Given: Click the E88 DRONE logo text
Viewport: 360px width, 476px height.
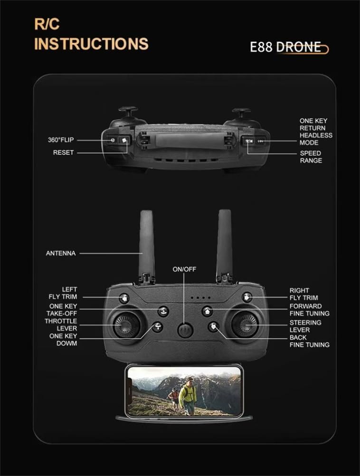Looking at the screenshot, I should [288, 48].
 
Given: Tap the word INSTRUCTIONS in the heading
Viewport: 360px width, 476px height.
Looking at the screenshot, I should [91, 44].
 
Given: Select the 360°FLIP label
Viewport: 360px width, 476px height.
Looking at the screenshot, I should [61, 140].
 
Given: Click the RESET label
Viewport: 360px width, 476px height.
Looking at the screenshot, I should [63, 152].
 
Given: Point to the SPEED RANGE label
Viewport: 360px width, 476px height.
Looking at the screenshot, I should [311, 157].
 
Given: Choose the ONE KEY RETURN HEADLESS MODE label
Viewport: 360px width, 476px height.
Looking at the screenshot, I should [315, 132].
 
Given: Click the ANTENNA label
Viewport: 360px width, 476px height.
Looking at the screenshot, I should [61, 253].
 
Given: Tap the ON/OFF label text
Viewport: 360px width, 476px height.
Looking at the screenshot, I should [184, 269].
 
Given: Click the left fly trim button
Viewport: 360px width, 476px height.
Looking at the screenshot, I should [124, 298].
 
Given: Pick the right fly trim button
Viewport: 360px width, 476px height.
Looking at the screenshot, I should [246, 297].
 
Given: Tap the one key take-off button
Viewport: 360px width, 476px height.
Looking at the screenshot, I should [163, 311].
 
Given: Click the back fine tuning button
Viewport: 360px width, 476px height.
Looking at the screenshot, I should [214, 326].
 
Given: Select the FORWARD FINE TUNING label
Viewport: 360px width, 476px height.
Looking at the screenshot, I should [309, 310].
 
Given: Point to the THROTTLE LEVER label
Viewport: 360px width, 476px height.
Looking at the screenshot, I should [61, 324].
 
